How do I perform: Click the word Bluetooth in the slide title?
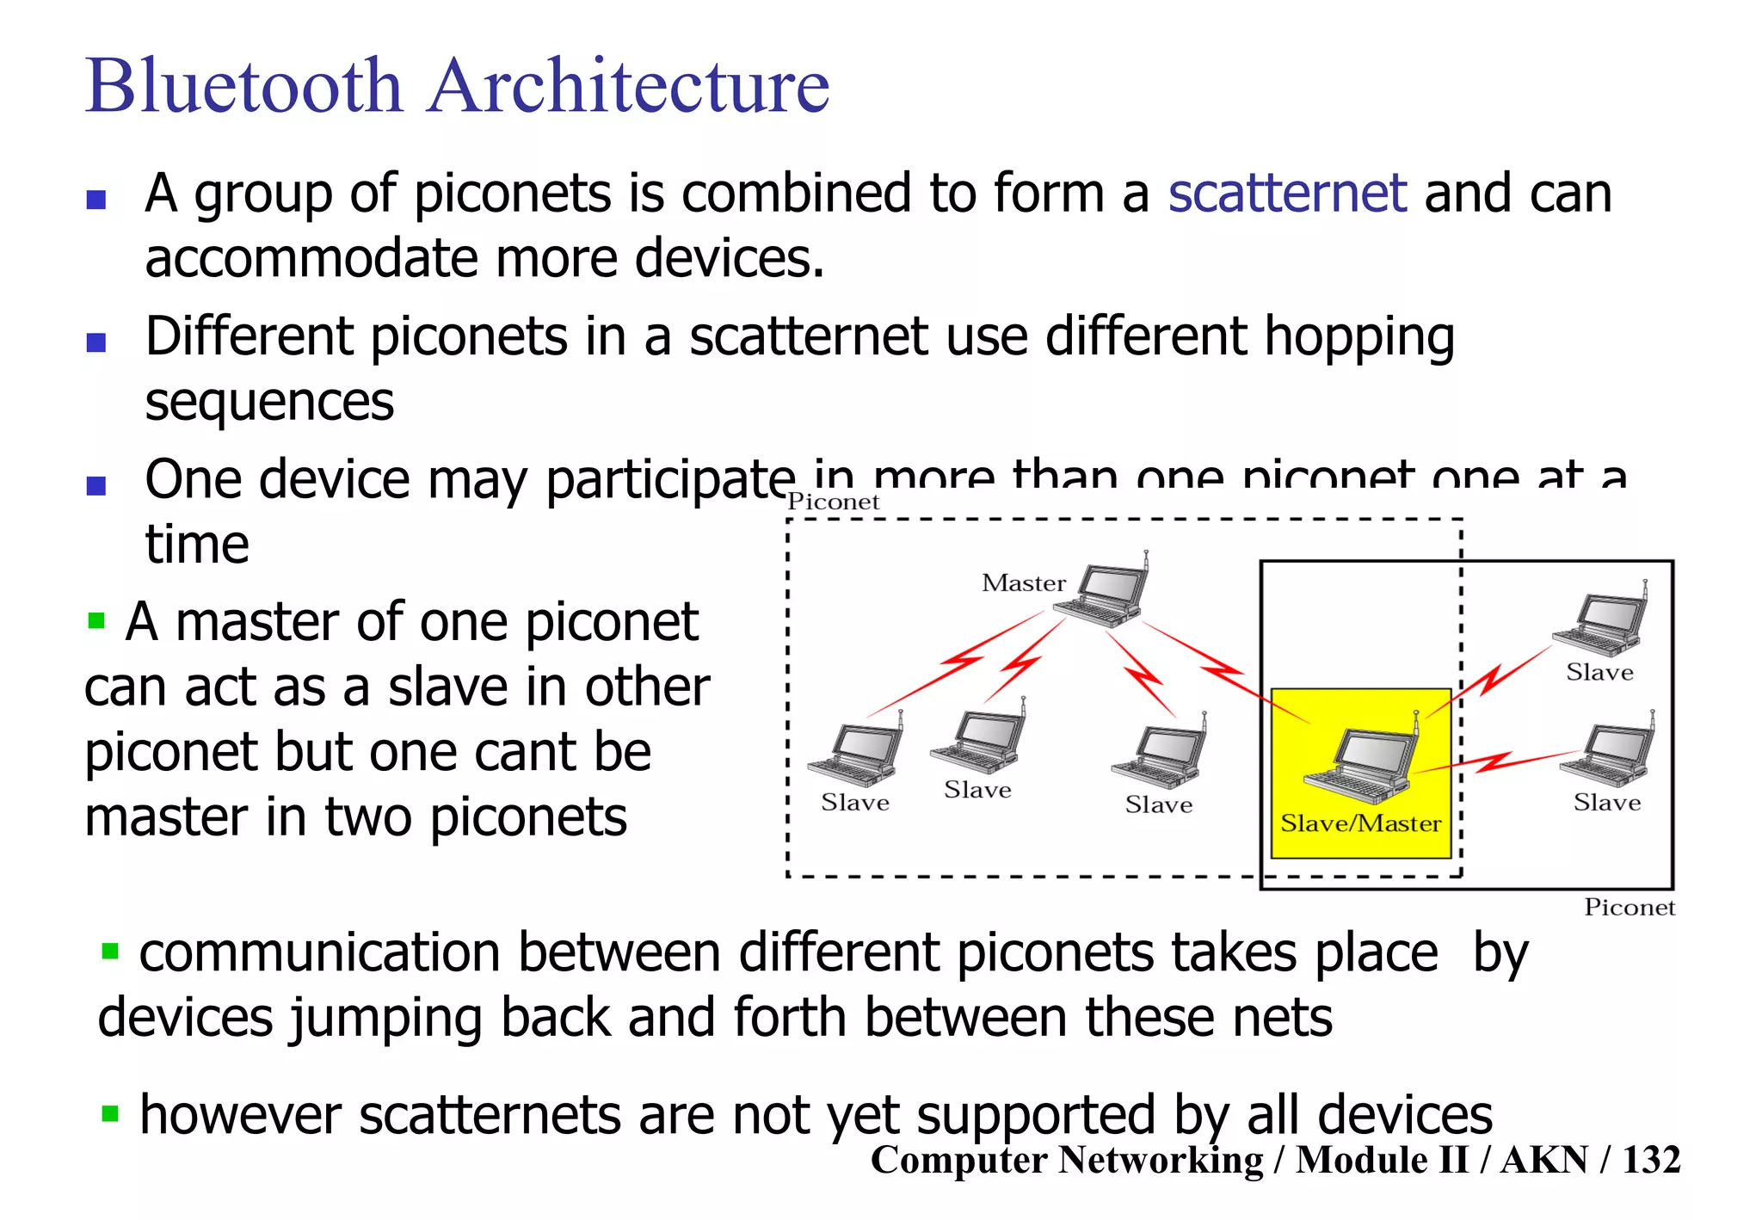(x=244, y=86)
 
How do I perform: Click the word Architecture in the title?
(x=628, y=86)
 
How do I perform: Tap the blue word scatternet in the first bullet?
(x=1286, y=193)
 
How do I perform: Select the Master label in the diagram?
(x=1023, y=583)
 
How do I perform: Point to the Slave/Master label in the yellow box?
(x=1360, y=823)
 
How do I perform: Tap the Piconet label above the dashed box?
(x=833, y=502)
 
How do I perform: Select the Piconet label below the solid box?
(x=1629, y=907)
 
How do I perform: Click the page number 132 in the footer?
(x=1651, y=1160)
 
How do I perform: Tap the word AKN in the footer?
(x=1543, y=1160)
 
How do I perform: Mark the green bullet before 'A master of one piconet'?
(x=96, y=619)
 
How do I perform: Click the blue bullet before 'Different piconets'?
(x=96, y=342)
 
